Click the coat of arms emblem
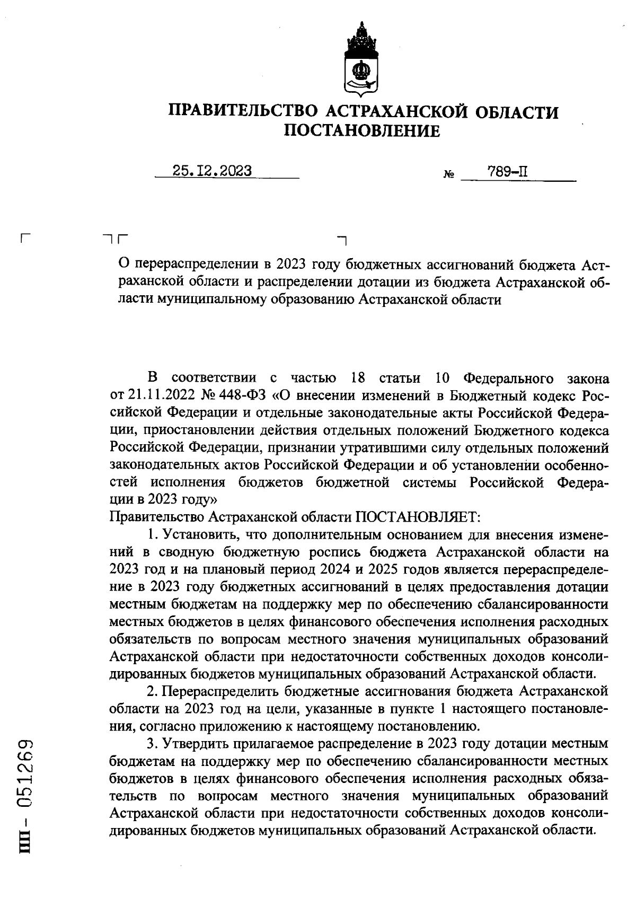click(361, 60)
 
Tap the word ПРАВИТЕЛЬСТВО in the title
click(243, 111)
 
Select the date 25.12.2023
click(212, 171)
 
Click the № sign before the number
click(448, 175)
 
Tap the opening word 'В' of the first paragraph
click(153, 378)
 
